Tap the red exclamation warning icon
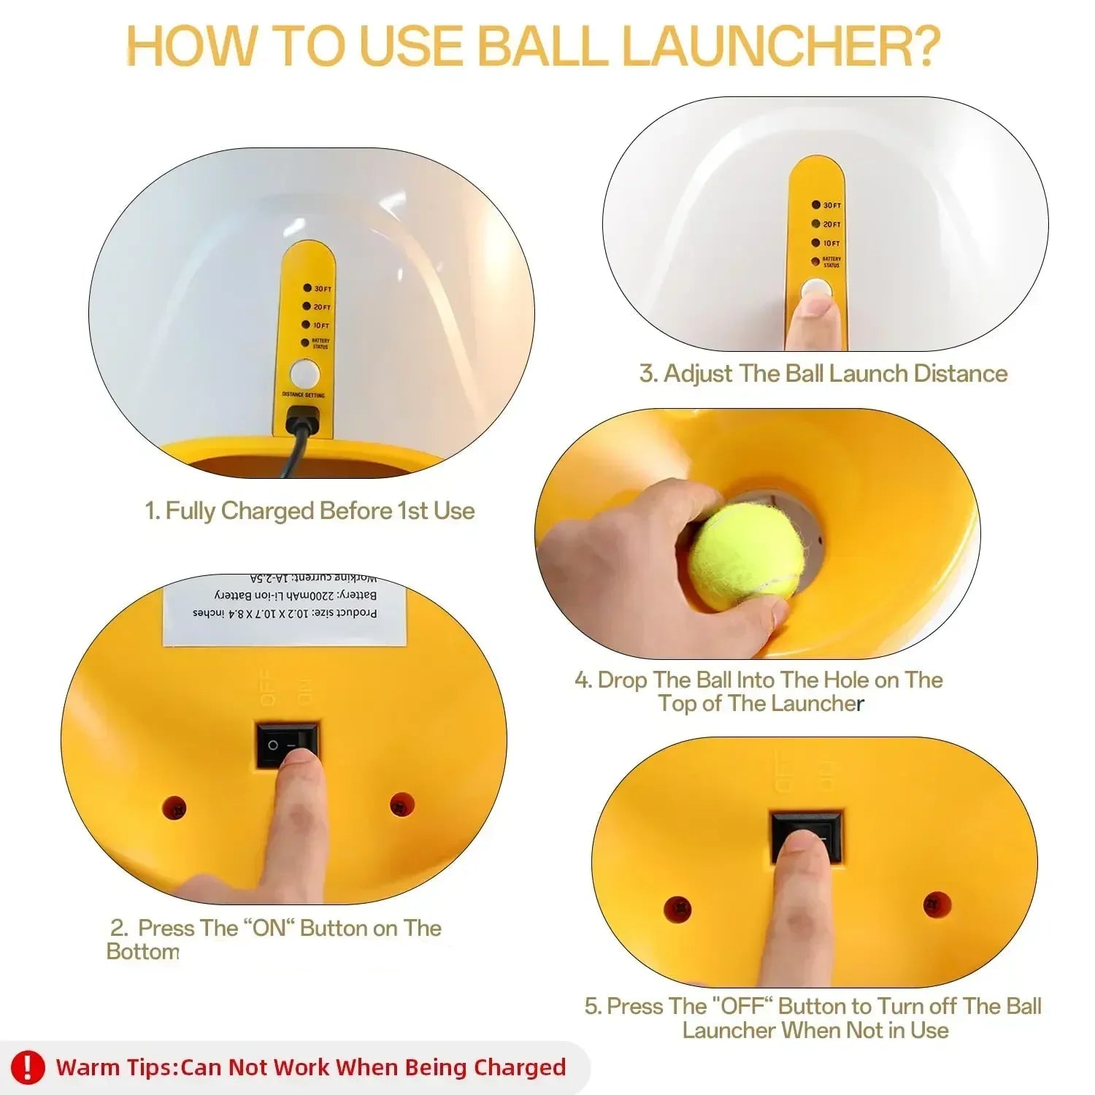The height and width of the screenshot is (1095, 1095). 27,1067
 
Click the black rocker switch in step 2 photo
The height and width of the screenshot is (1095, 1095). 287,745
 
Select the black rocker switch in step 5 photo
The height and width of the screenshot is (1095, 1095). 807,836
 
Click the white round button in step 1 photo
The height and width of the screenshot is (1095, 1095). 304,374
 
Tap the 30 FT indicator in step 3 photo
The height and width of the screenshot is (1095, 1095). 826,205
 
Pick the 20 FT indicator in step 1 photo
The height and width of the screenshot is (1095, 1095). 317,307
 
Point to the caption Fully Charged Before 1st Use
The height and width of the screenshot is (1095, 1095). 310,511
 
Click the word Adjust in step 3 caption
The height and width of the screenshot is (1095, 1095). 699,374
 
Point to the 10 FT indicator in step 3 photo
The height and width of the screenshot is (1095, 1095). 826,243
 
